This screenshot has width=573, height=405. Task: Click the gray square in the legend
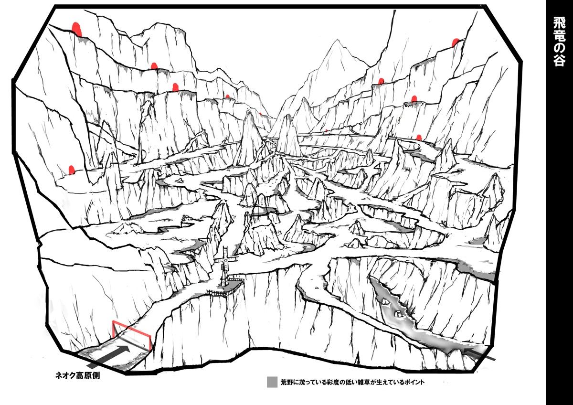(272, 382)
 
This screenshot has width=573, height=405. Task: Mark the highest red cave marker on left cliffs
(76, 28)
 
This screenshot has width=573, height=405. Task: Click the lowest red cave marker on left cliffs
(72, 170)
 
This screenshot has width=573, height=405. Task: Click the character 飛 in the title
(560, 23)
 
